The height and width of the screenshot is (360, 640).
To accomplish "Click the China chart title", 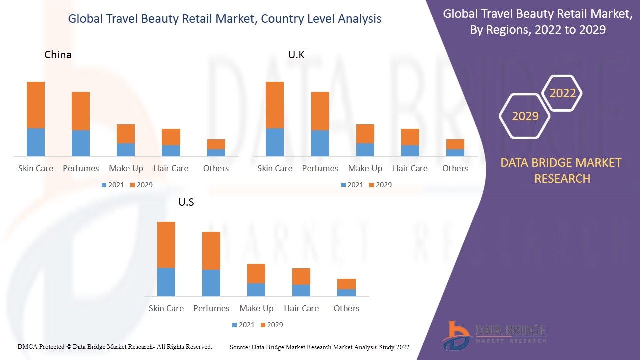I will [58, 55].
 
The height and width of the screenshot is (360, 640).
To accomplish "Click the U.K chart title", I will [296, 55].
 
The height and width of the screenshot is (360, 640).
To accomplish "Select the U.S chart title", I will [186, 202].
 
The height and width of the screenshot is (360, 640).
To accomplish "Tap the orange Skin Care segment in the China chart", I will [36, 105].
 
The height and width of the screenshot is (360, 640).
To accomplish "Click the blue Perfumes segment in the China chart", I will [81, 143].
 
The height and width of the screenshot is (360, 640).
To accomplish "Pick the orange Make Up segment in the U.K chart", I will [365, 134].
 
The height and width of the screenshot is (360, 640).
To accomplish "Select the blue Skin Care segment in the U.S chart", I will [166, 282].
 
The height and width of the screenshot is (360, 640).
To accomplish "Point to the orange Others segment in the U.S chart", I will [346, 284].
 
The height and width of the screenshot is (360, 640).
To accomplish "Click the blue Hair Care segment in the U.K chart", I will [410, 151].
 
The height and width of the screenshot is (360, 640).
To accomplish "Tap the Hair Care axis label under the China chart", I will [171, 168].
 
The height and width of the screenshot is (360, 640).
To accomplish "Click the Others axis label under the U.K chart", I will [455, 168].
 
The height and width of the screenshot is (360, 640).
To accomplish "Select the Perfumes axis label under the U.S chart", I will [211, 308].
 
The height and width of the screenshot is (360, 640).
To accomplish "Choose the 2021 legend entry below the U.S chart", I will [243, 325].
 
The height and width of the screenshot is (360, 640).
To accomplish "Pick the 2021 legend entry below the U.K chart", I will [352, 185].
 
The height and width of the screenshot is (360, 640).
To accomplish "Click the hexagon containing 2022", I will [563, 93].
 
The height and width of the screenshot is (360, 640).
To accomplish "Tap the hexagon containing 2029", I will [525, 116].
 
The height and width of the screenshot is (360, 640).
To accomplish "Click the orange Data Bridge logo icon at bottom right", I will [456, 335].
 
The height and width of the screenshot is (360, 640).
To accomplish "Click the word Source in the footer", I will [239, 347].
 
